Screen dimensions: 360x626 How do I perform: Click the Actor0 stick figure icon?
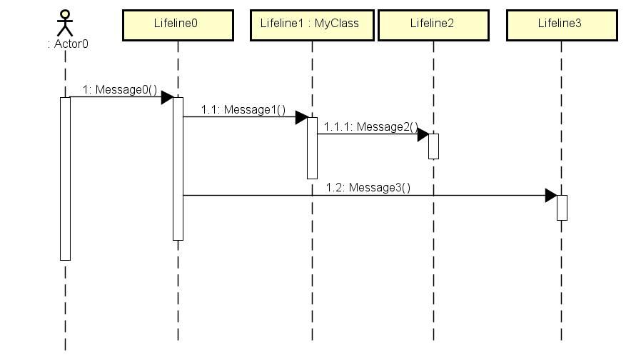[x=65, y=22]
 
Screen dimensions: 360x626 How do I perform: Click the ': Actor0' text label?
[x=67, y=44]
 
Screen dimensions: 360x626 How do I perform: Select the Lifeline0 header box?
[x=178, y=24]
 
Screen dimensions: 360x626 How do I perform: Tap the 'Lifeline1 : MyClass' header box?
[x=312, y=24]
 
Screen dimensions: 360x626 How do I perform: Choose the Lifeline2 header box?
[x=433, y=24]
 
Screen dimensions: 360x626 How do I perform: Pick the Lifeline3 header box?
[x=560, y=24]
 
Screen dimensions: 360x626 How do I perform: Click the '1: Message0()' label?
[x=119, y=90]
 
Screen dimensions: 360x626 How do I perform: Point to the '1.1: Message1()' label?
[x=243, y=110]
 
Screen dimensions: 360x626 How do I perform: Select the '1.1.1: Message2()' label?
[x=370, y=127]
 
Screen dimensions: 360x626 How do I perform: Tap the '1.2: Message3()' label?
[x=368, y=188]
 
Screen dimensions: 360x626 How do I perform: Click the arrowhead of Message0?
[x=167, y=97]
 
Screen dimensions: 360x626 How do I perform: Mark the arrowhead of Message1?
[x=301, y=117]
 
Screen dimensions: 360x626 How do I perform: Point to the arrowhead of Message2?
[x=423, y=134]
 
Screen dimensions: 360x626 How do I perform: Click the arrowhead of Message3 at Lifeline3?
[x=550, y=195]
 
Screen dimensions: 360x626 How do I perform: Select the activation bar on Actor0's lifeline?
[x=65, y=179]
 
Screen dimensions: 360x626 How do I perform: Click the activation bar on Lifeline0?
[x=178, y=169]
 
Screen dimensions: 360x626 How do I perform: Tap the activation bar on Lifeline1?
[x=312, y=148]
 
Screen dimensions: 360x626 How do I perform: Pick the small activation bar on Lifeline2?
[x=433, y=146]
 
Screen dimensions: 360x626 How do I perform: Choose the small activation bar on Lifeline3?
[x=561, y=207]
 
